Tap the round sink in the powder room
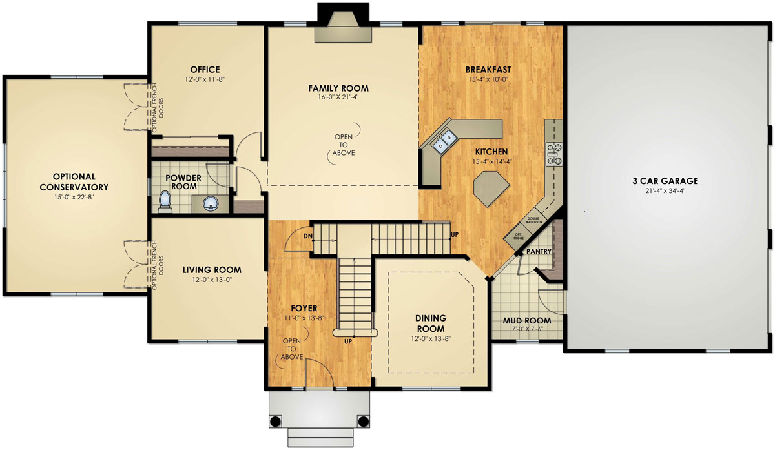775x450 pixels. coord(211,205)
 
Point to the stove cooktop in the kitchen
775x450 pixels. coord(553,155)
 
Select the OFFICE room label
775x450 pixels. coord(205,70)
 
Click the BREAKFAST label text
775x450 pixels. coord(488,70)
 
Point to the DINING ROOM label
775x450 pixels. coord(431,323)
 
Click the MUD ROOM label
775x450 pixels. coord(527,320)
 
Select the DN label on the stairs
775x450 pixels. coord(308,236)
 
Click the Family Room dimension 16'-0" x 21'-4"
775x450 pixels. coord(338,98)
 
